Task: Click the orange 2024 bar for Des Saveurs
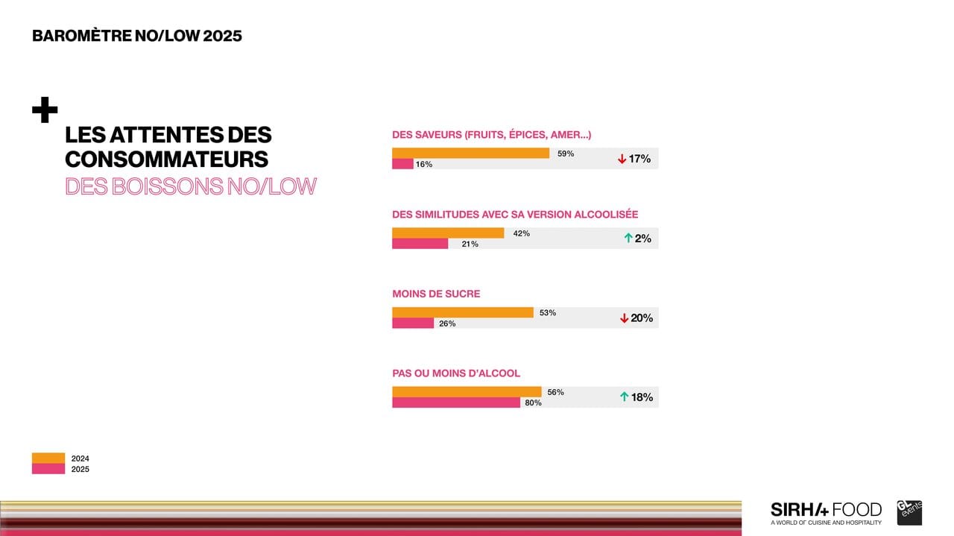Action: pyautogui.click(x=470, y=153)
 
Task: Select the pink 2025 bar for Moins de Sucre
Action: pyautogui.click(x=413, y=324)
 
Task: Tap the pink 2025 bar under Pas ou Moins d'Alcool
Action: pyautogui.click(x=456, y=403)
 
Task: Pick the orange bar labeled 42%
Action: pyautogui.click(x=448, y=233)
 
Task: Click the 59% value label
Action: pyautogui.click(x=566, y=154)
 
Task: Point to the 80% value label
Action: pyautogui.click(x=533, y=403)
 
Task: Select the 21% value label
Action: pyautogui.click(x=470, y=245)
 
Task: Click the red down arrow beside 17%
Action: pyautogui.click(x=622, y=159)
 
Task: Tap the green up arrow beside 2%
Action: pyautogui.click(x=628, y=239)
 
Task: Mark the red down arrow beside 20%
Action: pyautogui.click(x=624, y=318)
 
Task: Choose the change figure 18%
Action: pyautogui.click(x=642, y=397)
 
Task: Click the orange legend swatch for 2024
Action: pyautogui.click(x=48, y=458)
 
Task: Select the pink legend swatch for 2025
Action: pyautogui.click(x=48, y=469)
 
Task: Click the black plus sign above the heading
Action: pyautogui.click(x=45, y=110)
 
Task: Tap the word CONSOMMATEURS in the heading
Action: pyautogui.click(x=166, y=160)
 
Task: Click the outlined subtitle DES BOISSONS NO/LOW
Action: pyautogui.click(x=191, y=186)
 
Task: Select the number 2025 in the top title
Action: pyautogui.click(x=222, y=36)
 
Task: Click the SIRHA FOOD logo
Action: pyautogui.click(x=826, y=512)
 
